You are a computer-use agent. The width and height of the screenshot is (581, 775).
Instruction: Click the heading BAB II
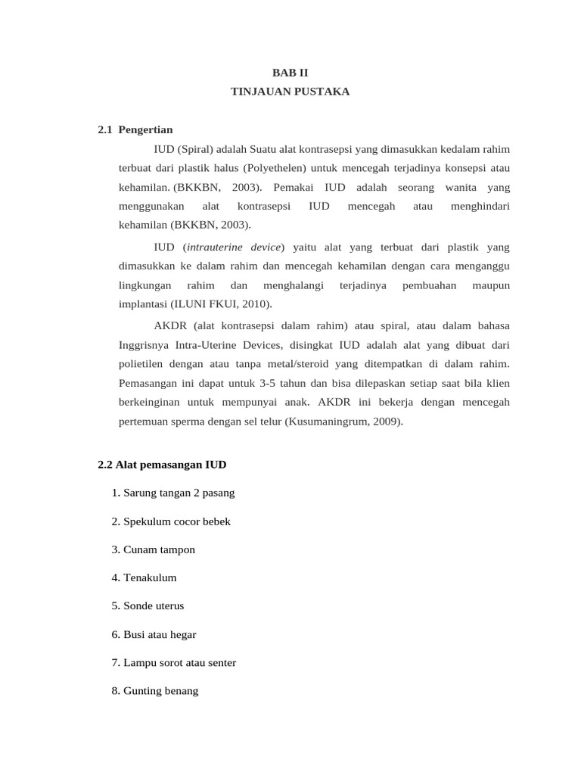tap(290, 73)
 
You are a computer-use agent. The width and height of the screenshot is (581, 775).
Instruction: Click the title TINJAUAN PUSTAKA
tap(290, 92)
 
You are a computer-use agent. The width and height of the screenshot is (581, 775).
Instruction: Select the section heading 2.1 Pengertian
tap(135, 129)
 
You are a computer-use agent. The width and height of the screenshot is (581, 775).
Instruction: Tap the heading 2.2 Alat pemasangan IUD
tap(162, 463)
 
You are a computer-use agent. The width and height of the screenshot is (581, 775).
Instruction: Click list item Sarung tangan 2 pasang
tap(172, 493)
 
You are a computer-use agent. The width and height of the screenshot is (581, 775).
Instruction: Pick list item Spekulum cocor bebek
tap(170, 521)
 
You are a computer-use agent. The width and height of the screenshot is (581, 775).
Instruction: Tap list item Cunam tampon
tap(153, 549)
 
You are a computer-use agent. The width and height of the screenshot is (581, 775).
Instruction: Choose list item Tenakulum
tap(144, 577)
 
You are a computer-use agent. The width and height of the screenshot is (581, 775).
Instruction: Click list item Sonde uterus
tap(148, 606)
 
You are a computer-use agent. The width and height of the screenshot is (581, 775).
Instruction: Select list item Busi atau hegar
tap(154, 634)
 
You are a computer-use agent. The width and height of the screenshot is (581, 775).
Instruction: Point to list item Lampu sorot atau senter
tap(173, 663)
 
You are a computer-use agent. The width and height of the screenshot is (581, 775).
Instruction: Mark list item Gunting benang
tap(154, 691)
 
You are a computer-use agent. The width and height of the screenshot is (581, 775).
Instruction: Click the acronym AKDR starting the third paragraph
tap(168, 326)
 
